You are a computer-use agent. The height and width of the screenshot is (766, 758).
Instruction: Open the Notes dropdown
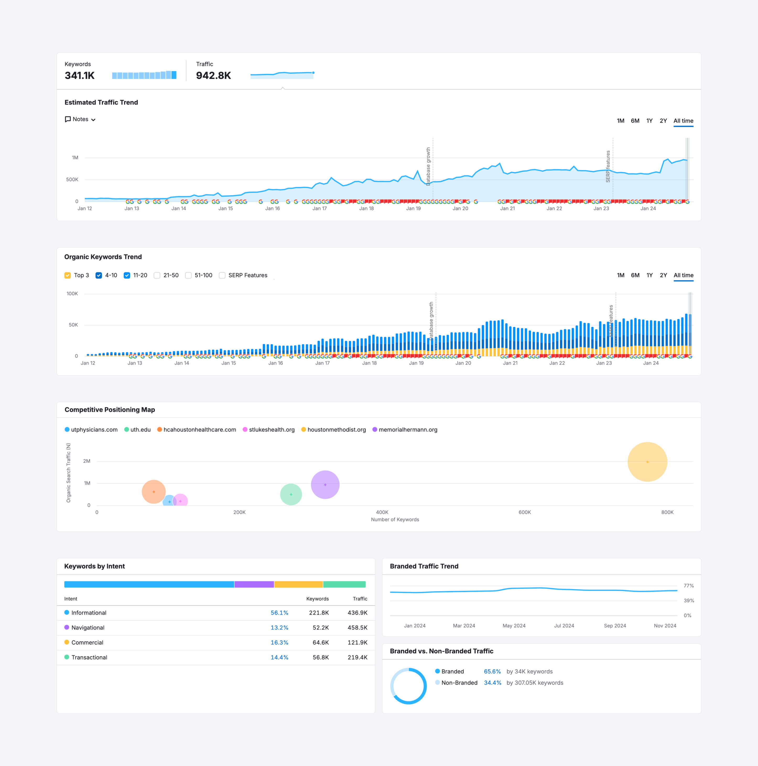[x=80, y=119]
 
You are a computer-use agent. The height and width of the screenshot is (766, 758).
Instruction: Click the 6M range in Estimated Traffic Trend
[x=635, y=121]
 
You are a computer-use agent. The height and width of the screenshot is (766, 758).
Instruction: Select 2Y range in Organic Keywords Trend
[x=663, y=275]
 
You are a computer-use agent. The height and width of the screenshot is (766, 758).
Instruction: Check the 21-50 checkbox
[x=157, y=276]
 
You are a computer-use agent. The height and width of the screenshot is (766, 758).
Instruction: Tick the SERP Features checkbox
[x=222, y=276]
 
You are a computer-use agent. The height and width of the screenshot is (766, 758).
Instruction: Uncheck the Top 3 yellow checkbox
[x=67, y=276]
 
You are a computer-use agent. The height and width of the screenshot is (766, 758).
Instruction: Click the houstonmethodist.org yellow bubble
[x=647, y=462]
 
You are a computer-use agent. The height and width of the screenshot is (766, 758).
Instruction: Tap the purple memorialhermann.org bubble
[x=325, y=484]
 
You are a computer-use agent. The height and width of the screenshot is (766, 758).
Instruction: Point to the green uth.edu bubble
[x=291, y=494]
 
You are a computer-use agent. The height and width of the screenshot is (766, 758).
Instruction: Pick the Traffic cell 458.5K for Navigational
[x=358, y=628]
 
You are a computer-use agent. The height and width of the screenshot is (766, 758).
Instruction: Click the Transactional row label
[x=89, y=657]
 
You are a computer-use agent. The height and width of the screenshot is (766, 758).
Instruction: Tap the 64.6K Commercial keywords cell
[x=321, y=642]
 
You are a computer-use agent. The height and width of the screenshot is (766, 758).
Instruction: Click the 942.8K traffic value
[x=213, y=75]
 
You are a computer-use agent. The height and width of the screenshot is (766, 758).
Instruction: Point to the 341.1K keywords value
[x=80, y=75]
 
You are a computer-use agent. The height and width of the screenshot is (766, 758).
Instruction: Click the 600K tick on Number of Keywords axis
[x=524, y=512]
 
